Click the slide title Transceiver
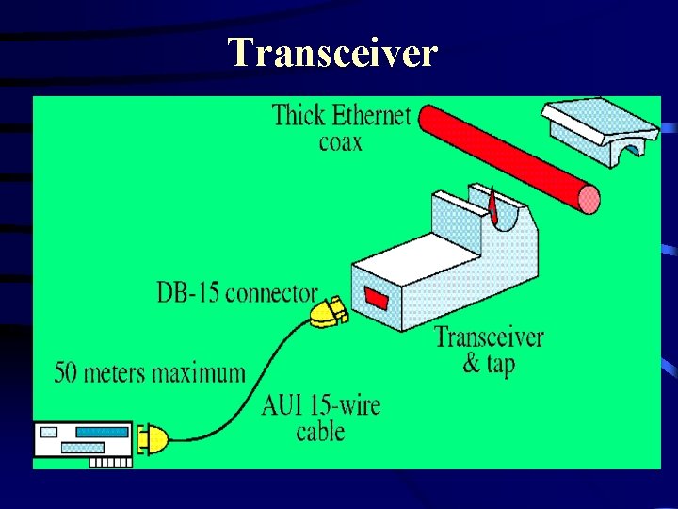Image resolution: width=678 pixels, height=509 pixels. [x=332, y=53]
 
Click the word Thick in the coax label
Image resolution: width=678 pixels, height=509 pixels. [x=299, y=116]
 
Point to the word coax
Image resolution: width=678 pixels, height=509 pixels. [x=340, y=143]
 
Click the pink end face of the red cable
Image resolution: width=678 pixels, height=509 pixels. [x=589, y=199]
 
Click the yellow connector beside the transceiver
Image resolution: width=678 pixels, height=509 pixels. [x=326, y=311]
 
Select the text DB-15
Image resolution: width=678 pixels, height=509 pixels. [x=188, y=293]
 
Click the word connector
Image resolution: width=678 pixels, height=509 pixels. [x=271, y=293]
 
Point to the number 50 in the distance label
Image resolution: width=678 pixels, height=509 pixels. [x=66, y=372]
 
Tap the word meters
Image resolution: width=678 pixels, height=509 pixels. [x=111, y=372]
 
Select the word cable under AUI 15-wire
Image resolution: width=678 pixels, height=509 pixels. [x=320, y=432]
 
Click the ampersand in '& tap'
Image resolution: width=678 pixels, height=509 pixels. [x=471, y=364]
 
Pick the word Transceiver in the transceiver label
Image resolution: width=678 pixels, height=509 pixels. [x=489, y=337]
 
